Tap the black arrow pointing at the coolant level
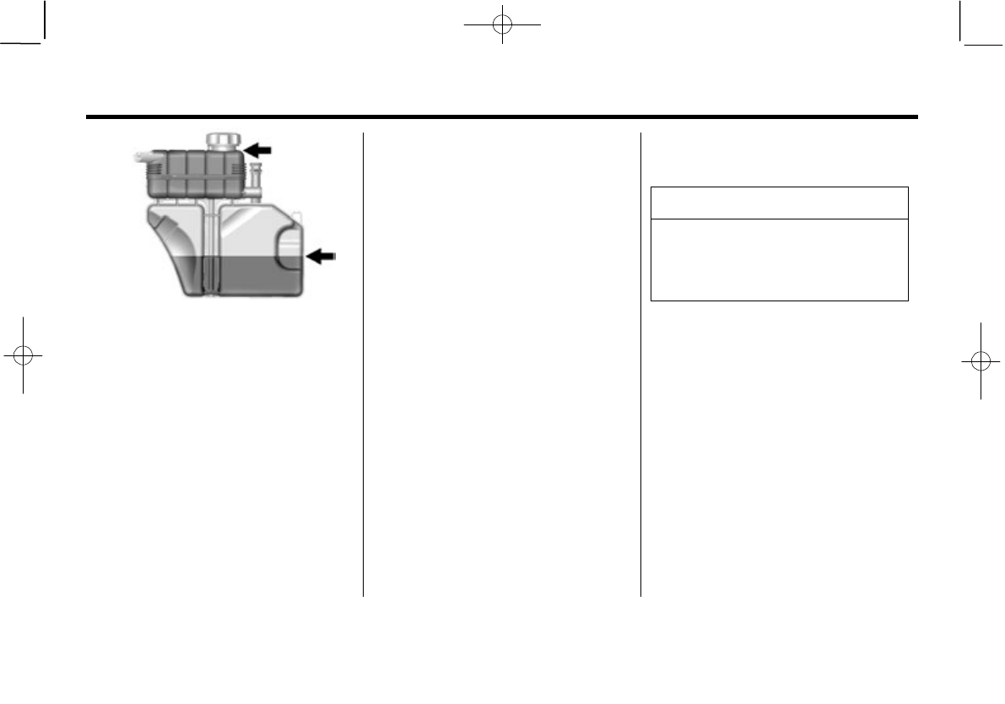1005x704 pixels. coord(321,256)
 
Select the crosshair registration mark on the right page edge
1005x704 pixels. coord(981,360)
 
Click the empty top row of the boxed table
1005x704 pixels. coord(779,203)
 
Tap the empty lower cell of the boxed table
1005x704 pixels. coord(779,259)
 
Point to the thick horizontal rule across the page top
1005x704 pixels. coord(501,116)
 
